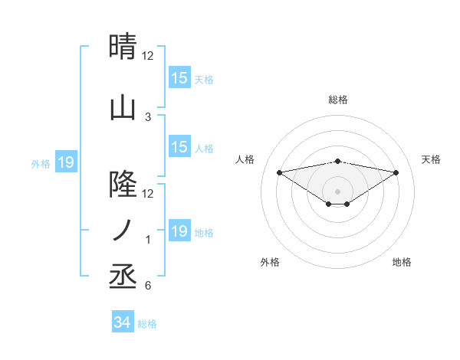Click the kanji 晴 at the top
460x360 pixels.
[x=123, y=47]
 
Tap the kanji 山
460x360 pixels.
[x=123, y=108]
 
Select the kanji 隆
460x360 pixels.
[x=123, y=185]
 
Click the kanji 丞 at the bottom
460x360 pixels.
[x=123, y=277]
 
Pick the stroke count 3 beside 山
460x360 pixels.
[x=148, y=117]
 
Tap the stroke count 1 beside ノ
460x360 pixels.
[x=148, y=240]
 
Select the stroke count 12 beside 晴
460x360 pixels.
[x=148, y=56]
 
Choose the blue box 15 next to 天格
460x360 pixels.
[x=179, y=78]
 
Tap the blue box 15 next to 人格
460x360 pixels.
[x=179, y=147]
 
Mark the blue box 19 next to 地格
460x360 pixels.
[x=179, y=231]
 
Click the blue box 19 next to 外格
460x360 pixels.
[x=66, y=162]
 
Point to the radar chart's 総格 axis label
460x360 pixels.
[x=337, y=100]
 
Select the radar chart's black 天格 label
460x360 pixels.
[x=431, y=159]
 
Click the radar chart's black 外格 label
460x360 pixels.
[x=270, y=262]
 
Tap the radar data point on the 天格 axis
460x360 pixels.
[x=396, y=172]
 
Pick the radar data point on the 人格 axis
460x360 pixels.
[x=279, y=172]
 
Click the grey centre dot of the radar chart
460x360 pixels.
[x=337, y=191]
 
